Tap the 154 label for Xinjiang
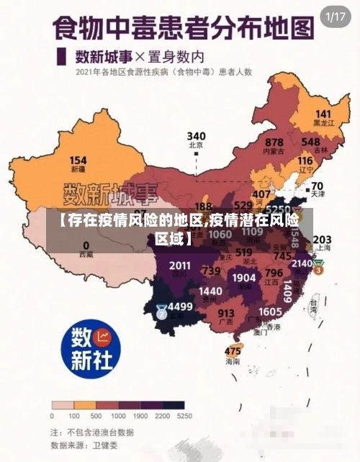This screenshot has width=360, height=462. (78, 160)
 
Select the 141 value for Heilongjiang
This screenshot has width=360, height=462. (323, 114)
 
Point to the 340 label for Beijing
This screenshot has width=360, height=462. (197, 136)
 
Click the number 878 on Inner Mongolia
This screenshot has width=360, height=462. (274, 142)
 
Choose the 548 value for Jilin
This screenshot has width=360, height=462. (311, 142)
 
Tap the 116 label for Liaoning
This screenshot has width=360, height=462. (305, 160)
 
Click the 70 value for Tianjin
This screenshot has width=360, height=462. (317, 186)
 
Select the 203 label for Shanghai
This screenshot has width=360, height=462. (322, 239)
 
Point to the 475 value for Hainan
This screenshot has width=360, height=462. (233, 350)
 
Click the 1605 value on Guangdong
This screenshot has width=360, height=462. (270, 311)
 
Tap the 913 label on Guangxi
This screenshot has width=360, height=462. (226, 313)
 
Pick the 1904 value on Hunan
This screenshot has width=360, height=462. (244, 277)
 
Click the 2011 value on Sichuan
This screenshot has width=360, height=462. (180, 266)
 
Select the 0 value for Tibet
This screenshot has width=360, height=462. (86, 245)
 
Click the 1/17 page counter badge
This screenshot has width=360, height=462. (336, 16)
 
